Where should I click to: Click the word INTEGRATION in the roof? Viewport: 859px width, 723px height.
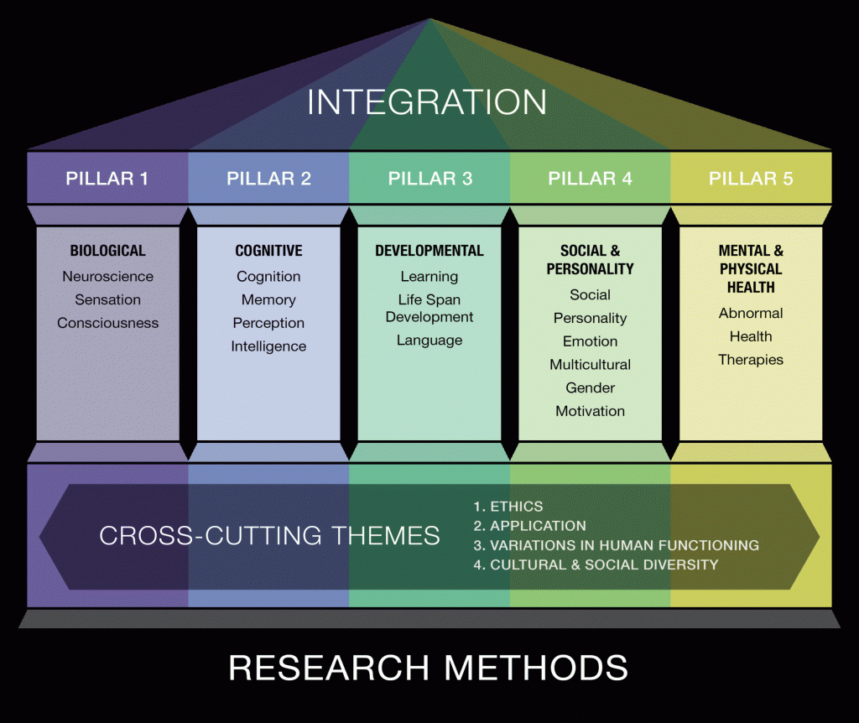coord(427,102)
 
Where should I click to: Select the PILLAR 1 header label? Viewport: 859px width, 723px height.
coord(107,179)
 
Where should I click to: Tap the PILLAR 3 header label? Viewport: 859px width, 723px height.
coord(429,179)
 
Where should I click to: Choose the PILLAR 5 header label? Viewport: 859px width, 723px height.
coord(751,179)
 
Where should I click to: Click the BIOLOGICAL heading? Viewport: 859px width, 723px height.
coord(107,251)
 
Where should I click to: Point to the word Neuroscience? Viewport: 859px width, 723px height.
coord(107,276)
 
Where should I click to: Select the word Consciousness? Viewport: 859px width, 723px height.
coord(107,323)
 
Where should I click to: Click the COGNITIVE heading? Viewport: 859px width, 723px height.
coord(268,251)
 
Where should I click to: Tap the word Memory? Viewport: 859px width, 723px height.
coord(268,299)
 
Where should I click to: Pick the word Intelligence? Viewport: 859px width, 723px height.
coord(268,346)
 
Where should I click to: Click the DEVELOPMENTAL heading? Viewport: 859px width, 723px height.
coord(429,251)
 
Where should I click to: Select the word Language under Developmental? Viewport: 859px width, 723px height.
coord(429,341)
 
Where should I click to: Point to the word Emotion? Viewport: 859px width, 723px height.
coord(590,341)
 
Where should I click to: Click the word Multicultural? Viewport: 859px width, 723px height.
coord(590,365)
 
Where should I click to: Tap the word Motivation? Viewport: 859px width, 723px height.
coord(590,411)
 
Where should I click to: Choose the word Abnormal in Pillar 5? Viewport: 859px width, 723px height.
coord(751,313)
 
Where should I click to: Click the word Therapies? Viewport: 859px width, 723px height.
coord(751,360)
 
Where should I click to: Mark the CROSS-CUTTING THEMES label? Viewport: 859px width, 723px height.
coord(269,535)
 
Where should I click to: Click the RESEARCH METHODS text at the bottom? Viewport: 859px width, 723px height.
coord(428,668)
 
